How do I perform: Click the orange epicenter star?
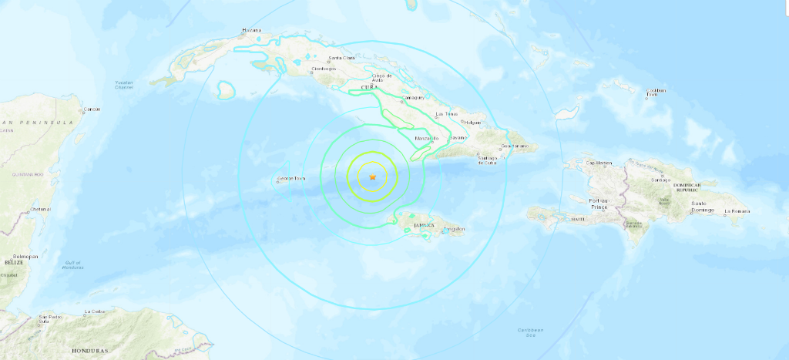tap(372, 178)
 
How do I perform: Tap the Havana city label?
tap(252, 30)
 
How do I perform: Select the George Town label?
tap(291, 180)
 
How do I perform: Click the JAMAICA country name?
tap(425, 225)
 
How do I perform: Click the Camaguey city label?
tap(412, 99)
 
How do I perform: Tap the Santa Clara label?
tap(342, 59)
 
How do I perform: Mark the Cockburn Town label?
tap(656, 93)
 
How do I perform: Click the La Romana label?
tap(737, 210)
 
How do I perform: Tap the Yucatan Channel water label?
tap(123, 85)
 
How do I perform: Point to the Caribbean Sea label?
tap(529, 332)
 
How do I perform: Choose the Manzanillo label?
tap(426, 138)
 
